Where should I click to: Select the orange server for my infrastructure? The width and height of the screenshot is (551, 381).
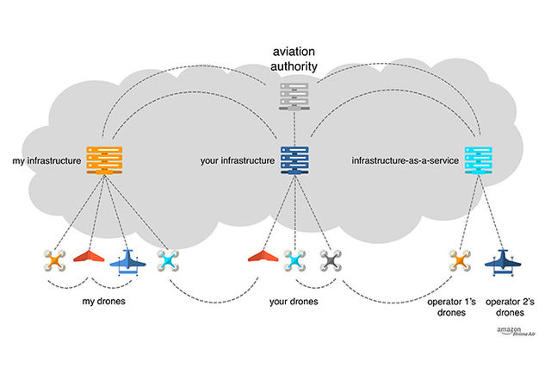(x=102, y=159)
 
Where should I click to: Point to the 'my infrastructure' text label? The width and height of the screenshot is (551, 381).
(x=44, y=159)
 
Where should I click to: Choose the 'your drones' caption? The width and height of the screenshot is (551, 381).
(x=294, y=302)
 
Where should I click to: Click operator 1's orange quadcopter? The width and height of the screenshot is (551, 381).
(x=460, y=259)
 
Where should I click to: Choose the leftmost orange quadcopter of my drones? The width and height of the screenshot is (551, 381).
(x=54, y=259)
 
